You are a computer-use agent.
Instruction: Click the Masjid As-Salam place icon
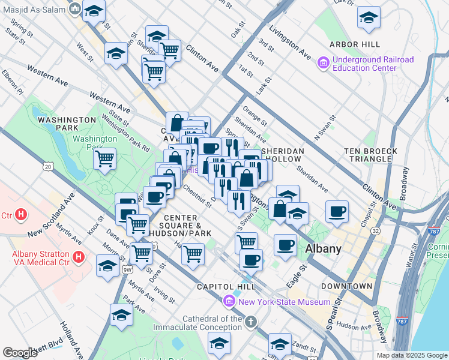(74, 8)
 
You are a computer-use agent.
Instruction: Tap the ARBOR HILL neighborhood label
(354, 45)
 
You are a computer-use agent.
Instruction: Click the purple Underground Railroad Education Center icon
(324, 62)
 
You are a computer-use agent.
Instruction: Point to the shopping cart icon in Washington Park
(105, 160)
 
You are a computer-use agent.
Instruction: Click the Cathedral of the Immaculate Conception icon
(251, 323)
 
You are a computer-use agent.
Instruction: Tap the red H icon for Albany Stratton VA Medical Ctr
(78, 258)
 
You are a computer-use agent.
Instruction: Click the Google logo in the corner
(20, 352)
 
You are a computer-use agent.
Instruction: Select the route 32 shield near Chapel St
(375, 230)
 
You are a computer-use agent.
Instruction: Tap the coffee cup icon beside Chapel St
(337, 211)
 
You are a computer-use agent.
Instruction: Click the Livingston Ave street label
(290, 42)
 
